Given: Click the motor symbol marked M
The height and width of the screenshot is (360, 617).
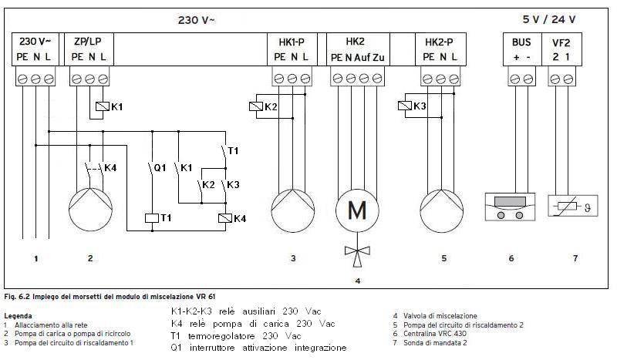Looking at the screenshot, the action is (x=357, y=210).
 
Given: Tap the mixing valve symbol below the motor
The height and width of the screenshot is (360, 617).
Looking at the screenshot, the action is (x=357, y=254).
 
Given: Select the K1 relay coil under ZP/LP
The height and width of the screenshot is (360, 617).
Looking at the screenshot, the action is (x=103, y=106).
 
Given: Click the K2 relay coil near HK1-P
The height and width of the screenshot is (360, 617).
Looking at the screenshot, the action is (x=256, y=106).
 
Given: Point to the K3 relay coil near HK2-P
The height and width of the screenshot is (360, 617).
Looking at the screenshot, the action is (x=405, y=106).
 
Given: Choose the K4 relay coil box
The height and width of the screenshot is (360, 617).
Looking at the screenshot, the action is (x=225, y=218).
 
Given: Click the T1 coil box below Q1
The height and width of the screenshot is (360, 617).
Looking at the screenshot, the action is (x=152, y=217).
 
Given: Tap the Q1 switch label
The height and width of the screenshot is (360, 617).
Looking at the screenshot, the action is (x=160, y=168).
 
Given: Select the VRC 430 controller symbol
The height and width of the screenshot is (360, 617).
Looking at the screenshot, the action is (x=510, y=206).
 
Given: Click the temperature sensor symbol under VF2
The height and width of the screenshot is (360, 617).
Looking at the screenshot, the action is (x=573, y=206).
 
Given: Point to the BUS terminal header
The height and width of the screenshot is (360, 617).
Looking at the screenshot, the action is (x=521, y=42).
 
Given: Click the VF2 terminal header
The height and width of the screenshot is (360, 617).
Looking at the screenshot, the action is (x=561, y=42).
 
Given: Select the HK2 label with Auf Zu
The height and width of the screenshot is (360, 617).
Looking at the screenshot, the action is (x=356, y=49).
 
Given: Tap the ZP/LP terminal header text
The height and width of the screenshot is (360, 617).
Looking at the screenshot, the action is (x=88, y=42).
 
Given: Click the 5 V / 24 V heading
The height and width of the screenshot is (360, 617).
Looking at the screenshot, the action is (x=549, y=19).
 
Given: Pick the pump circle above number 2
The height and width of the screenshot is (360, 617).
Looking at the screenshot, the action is (x=90, y=210).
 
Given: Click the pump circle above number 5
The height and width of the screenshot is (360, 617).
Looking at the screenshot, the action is (x=441, y=211).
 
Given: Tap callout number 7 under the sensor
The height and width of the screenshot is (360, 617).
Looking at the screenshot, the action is (x=575, y=258).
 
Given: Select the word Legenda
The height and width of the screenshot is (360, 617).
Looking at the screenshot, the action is (x=18, y=316).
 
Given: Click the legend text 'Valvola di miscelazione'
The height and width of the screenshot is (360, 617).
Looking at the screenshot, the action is (x=440, y=316).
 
